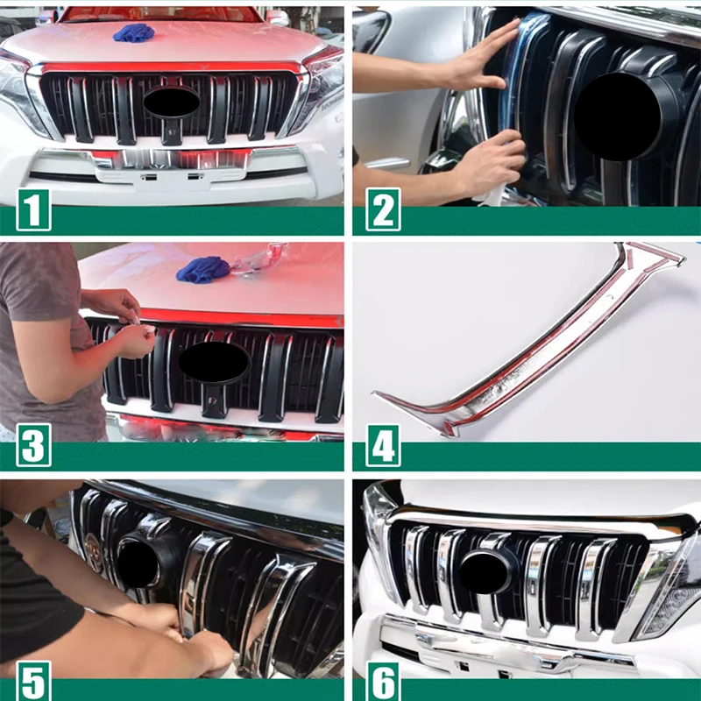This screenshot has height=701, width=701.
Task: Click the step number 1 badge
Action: [33, 209]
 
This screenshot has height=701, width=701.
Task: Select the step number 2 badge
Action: [383, 209]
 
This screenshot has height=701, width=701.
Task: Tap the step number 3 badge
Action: [33, 445]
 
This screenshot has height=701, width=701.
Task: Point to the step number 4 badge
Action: [383, 445]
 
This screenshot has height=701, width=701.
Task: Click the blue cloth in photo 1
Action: [134, 32]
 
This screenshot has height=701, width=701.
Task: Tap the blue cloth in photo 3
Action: [203, 269]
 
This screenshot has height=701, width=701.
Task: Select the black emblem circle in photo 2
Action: [618, 117]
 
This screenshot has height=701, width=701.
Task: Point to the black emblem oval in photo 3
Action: [214, 362]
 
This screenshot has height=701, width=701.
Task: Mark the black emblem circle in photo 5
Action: [138, 564]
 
